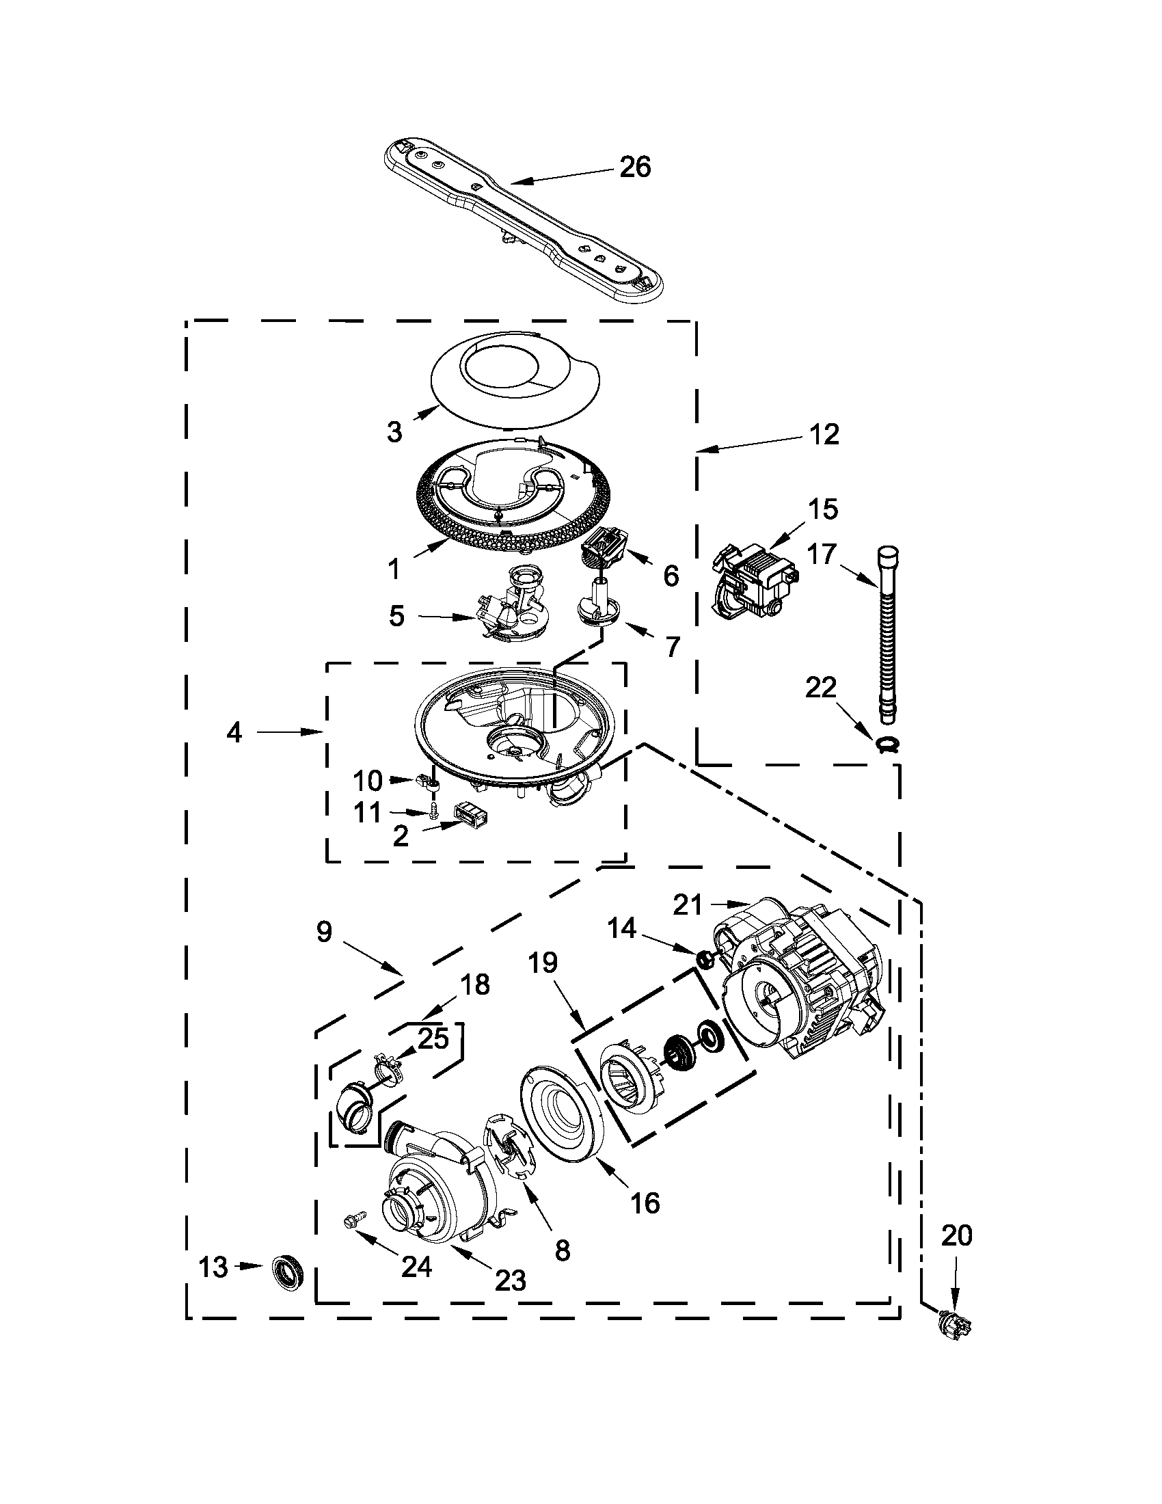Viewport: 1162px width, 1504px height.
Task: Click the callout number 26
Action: point(635,167)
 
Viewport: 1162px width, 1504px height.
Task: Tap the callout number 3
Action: point(394,432)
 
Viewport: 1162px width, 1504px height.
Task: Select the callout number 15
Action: point(824,509)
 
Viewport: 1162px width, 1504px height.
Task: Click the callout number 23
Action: point(510,1280)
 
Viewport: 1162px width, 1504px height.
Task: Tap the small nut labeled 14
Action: point(704,957)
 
